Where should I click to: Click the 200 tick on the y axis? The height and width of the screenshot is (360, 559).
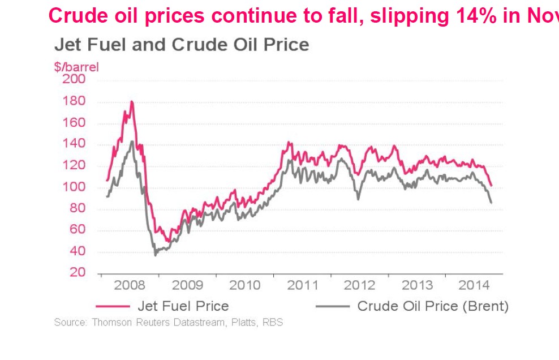coord(74,79)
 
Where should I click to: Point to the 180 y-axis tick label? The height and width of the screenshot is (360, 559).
coord(74,101)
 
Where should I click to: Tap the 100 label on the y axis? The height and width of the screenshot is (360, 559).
coord(74,187)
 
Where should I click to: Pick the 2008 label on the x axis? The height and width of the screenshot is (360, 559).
coord(129,285)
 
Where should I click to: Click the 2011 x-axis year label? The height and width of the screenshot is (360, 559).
coord(303,285)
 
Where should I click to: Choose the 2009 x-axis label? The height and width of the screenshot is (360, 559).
coord(187,285)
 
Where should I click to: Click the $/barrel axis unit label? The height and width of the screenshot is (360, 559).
coord(76,67)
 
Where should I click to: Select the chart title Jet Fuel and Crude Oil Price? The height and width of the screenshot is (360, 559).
coord(182,45)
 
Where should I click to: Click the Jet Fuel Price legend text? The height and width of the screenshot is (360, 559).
coord(183,306)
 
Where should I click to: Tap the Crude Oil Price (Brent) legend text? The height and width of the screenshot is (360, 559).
coord(433,306)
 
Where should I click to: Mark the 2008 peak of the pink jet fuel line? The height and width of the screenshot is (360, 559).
coord(132,102)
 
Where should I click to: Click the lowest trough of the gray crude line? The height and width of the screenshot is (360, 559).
coord(156,255)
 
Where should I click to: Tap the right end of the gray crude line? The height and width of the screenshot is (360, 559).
coord(491,203)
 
